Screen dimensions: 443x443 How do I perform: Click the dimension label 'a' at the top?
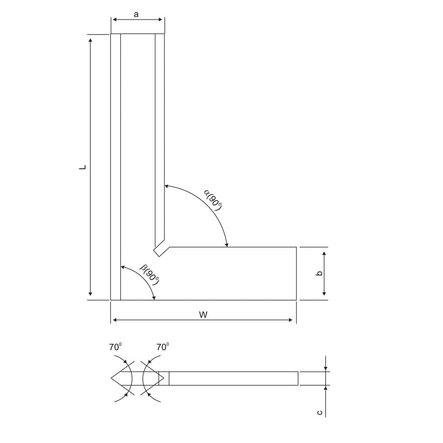coord(136,14)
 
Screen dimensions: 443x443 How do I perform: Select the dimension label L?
coord(82,167)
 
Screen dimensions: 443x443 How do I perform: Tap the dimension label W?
coord(203,315)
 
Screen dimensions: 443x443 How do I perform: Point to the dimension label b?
coord(319,273)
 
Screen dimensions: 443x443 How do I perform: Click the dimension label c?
coord(319,412)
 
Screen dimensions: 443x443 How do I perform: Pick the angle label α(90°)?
coord(213,198)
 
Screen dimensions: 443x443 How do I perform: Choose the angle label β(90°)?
coord(149,275)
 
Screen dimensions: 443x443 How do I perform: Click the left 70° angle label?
coord(116,347)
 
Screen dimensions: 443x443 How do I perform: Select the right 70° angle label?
coord(163,347)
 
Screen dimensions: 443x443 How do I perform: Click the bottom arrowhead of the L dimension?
coord(90,294)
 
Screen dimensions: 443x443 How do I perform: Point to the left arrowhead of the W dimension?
coord(114,320)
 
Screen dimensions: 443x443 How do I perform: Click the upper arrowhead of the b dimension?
coord(324,253)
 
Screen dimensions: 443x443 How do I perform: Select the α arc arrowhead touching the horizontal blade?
coord(227,245)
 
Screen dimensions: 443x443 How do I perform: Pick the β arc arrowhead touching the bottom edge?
coord(155,298)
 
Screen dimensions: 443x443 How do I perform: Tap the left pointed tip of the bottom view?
coord(111,378)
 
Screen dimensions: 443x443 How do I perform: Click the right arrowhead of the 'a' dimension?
coord(162,19)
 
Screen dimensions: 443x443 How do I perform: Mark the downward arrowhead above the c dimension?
coord(326,369)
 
